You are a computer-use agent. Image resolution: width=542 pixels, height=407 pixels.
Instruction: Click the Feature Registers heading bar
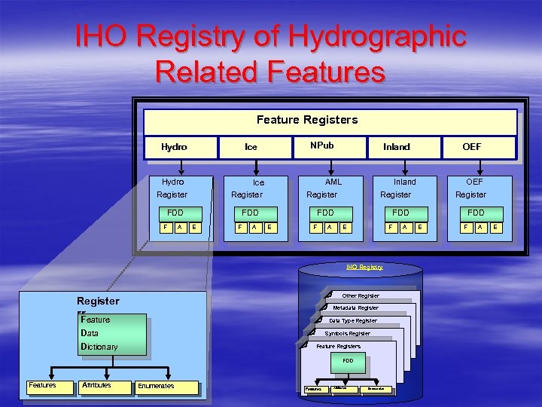point(307,120)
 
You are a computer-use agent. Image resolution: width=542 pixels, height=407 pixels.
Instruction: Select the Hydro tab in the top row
point(174,147)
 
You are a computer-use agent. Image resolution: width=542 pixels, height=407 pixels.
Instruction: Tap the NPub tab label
point(321,145)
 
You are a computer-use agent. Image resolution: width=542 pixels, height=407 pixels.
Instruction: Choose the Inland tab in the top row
point(397,147)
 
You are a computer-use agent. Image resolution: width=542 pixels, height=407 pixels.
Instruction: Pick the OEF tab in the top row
point(472,147)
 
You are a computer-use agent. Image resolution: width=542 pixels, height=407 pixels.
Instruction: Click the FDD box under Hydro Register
point(175,213)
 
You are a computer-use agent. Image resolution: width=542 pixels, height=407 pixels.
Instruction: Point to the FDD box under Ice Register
point(251,213)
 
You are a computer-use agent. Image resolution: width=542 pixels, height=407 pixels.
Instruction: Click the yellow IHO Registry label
point(364,267)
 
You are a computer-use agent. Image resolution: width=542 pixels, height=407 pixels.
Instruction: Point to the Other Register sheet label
point(361,296)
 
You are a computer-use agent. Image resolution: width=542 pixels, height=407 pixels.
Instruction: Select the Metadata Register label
point(356,308)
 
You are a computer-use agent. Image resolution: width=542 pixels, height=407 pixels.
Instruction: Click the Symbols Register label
point(347,333)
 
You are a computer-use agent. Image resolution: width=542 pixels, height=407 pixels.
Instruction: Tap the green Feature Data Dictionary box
point(113,334)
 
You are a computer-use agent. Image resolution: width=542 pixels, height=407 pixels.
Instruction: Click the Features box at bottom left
point(42,386)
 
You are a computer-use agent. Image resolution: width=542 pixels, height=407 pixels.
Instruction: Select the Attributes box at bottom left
point(96,386)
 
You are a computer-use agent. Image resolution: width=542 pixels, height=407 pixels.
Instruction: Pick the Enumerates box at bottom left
point(156,387)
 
